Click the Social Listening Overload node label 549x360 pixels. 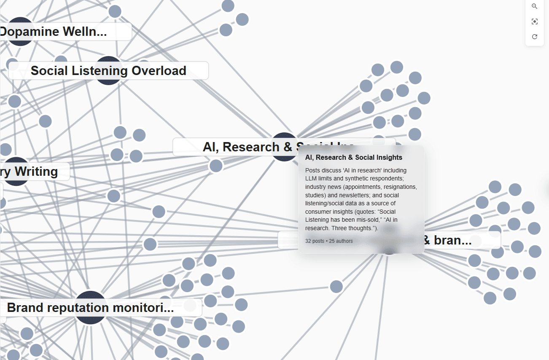coord(108,70)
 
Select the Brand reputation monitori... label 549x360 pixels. coord(90,308)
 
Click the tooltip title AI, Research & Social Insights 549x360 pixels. coord(353,157)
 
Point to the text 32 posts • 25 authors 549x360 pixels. coord(329,241)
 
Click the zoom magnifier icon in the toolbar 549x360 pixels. coord(535,6)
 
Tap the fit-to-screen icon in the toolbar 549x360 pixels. coord(535,21)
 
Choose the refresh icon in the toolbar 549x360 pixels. coord(535,37)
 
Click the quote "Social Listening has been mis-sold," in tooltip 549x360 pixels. coord(350,215)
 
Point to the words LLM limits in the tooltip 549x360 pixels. coord(321,179)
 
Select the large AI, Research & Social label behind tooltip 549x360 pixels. coord(236,147)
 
